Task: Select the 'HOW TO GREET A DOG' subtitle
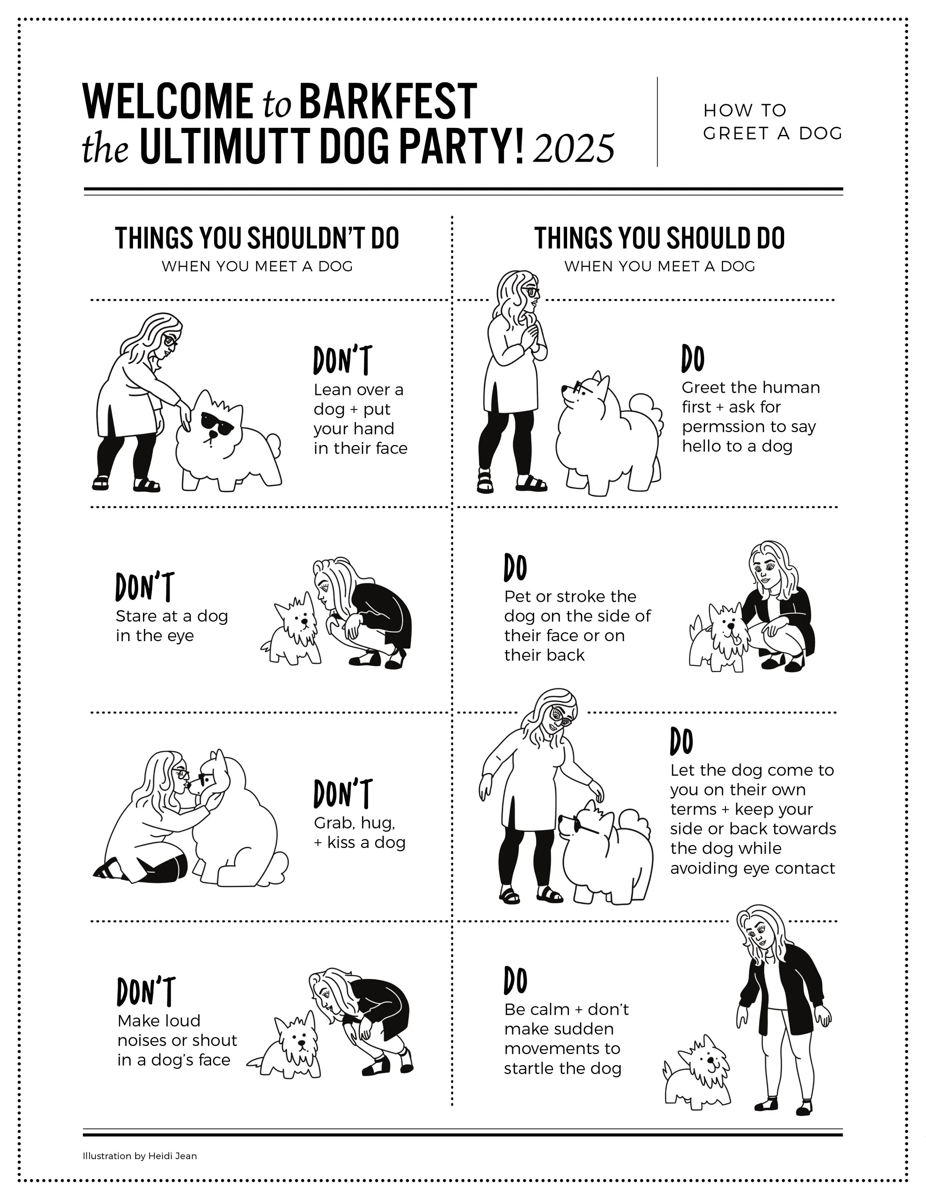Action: pos(772,122)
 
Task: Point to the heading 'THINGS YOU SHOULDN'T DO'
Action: pos(257,238)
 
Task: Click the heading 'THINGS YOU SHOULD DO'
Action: pos(659,238)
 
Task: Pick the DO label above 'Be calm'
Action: pos(515,981)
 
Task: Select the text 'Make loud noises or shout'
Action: pos(177,1030)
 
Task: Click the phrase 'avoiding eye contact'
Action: pos(752,869)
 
